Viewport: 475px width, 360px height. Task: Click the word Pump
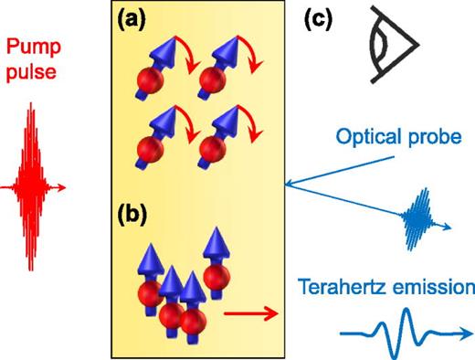(34, 47)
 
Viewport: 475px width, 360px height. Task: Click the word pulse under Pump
(35, 72)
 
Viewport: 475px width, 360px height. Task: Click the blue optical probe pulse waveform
(421, 216)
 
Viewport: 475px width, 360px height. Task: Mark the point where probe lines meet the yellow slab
(287, 185)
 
